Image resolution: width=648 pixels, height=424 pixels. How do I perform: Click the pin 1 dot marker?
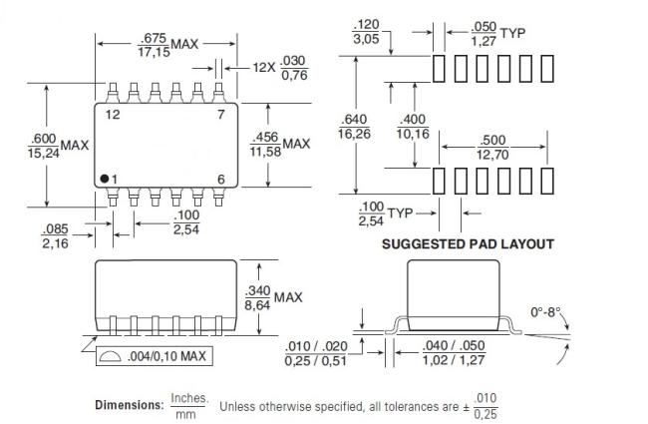point(104,179)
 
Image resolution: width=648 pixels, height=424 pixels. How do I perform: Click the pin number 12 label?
point(113,115)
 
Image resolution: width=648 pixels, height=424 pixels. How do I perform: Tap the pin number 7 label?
point(221,114)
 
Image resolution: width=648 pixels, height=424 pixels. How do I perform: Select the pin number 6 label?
point(221,180)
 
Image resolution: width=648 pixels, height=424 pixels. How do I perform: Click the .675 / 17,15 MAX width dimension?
point(167,45)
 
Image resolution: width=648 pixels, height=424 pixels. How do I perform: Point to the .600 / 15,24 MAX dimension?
point(58,146)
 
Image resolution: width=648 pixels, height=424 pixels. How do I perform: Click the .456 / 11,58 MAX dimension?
point(280,145)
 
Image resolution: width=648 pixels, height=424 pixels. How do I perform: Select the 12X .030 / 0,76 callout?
point(280,68)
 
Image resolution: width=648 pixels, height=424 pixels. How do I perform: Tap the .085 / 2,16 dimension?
point(55,235)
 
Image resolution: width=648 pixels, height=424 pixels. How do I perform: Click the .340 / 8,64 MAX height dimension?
point(273,297)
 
